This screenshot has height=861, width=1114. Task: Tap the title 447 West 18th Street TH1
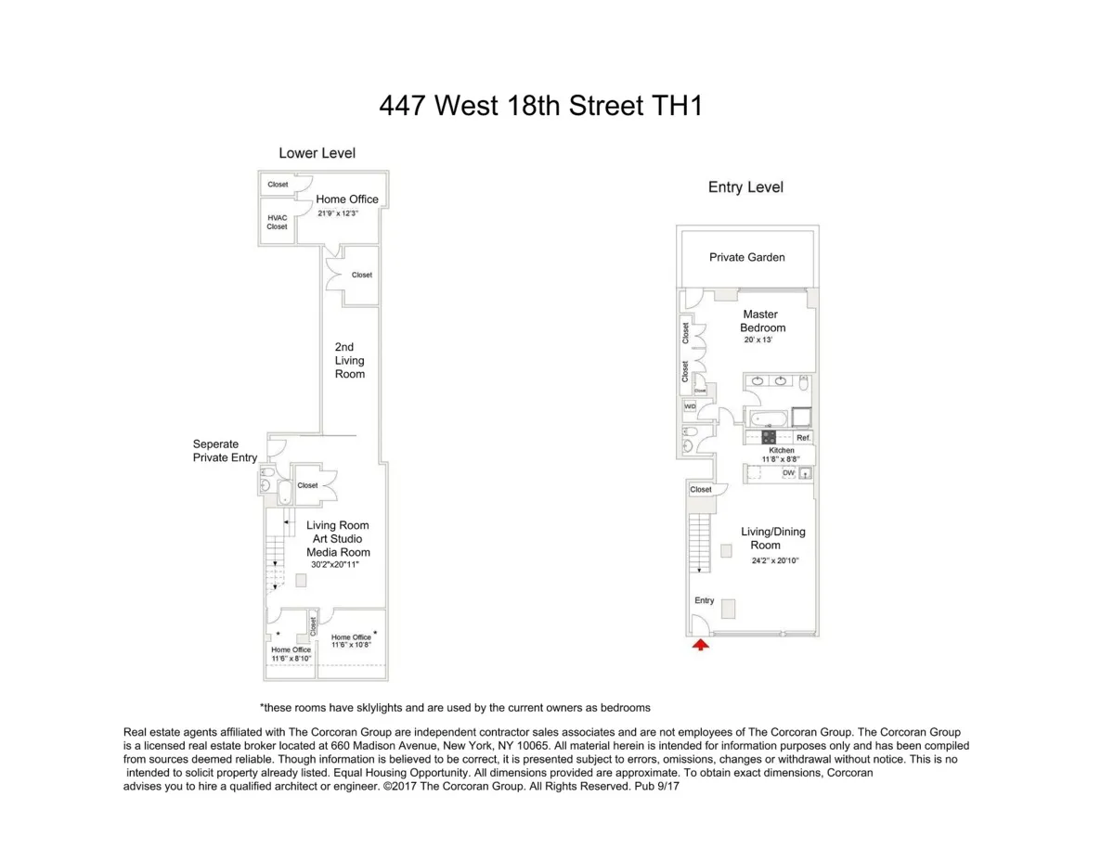tap(540, 106)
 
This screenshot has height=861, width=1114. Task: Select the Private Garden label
tap(746, 257)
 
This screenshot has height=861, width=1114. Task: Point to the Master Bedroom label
tap(761, 321)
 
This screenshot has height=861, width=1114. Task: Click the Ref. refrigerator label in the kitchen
tap(803, 437)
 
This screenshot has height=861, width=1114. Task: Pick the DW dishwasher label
tap(788, 473)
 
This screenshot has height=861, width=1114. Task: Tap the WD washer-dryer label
tap(690, 406)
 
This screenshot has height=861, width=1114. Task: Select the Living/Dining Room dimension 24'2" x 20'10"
tap(775, 560)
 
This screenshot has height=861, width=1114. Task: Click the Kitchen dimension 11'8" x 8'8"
tap(781, 458)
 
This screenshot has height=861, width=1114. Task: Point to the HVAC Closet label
tap(277, 222)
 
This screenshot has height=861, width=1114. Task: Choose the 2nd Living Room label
tap(350, 361)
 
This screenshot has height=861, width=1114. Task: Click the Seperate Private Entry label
tap(215, 451)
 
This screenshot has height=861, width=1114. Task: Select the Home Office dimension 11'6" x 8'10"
tap(290, 659)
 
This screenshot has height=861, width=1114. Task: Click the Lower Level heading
tap(317, 153)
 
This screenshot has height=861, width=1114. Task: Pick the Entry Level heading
tap(745, 187)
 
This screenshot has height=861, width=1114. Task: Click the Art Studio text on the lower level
tap(337, 539)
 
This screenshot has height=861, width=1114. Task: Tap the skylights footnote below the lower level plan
tap(455, 707)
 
